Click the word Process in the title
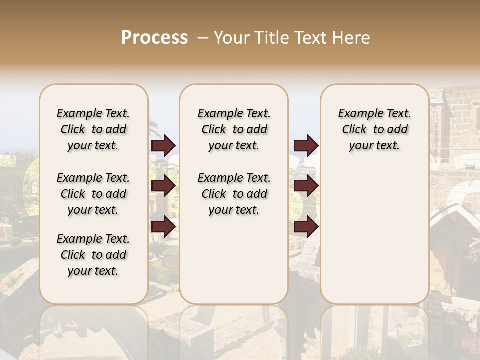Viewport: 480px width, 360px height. click(154, 38)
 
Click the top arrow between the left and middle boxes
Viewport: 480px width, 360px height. click(163, 145)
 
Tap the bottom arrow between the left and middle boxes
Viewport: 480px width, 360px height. click(163, 227)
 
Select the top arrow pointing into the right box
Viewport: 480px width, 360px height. click(306, 145)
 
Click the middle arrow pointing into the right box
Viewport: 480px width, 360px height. click(306, 186)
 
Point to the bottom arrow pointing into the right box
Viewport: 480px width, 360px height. click(306, 227)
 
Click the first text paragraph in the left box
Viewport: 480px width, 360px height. click(93, 129)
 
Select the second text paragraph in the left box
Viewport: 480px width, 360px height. click(93, 194)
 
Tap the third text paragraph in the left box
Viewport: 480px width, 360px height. click(93, 255)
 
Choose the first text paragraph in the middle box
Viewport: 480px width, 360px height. click(234, 129)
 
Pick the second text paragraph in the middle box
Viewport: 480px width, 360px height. click(234, 194)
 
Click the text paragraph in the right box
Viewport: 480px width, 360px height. click(374, 129)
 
